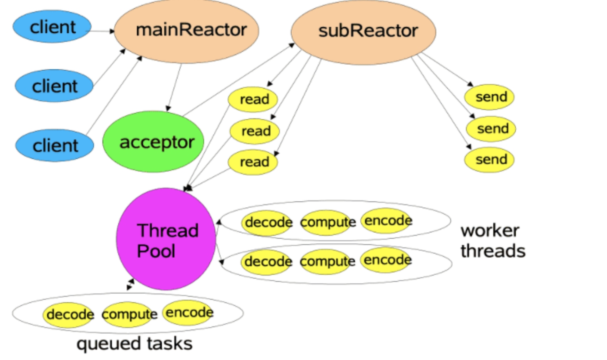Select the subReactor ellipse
[363, 32]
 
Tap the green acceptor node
[153, 142]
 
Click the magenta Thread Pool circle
[166, 240]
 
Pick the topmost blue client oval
[52, 27]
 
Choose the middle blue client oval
[54, 86]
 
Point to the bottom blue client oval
[55, 146]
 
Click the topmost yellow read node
[253, 99]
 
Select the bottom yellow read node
[253, 161]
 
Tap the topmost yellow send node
[489, 97]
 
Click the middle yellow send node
[491, 128]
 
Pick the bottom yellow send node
[489, 159]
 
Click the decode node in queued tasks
[69, 314]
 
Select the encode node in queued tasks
[188, 312]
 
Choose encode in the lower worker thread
[386, 260]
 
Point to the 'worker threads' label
[492, 241]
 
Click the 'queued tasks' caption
[134, 344]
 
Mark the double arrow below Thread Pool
[130, 284]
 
